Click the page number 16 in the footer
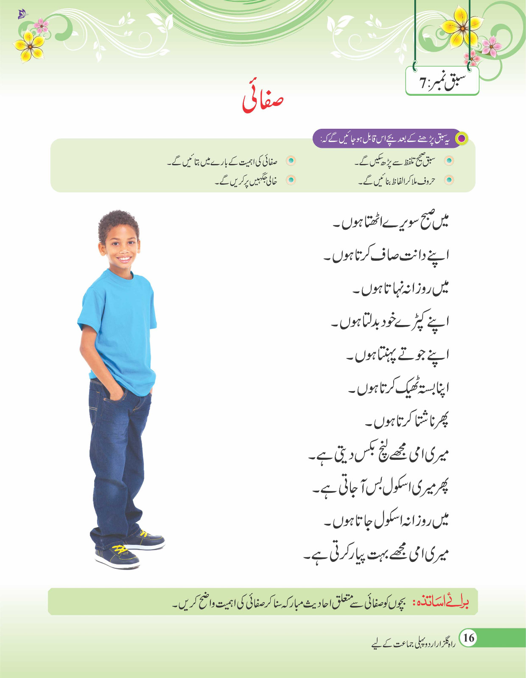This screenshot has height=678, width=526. click(x=468, y=637)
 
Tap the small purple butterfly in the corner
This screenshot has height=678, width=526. click(x=22, y=15)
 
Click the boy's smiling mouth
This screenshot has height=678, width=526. click(x=123, y=258)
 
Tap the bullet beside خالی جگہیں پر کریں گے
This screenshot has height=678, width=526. click(x=291, y=180)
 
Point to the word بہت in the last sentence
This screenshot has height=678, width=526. click(x=389, y=553)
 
